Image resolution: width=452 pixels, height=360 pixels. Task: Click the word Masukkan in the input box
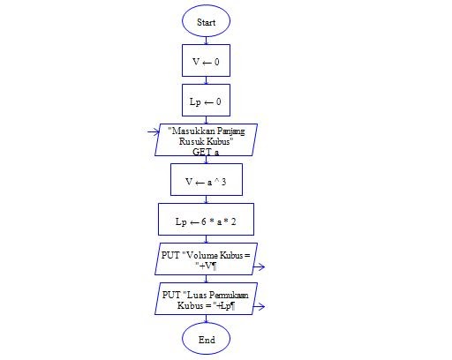(x=190, y=131)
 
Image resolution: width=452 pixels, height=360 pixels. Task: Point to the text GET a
(x=206, y=152)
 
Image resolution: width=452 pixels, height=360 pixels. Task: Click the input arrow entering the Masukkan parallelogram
(x=154, y=132)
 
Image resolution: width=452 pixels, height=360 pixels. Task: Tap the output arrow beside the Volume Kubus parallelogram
(x=259, y=267)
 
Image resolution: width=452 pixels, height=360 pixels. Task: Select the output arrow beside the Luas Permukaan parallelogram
(x=259, y=307)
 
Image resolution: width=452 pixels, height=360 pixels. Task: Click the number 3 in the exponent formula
(x=224, y=182)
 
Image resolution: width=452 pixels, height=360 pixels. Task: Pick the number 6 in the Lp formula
(x=204, y=221)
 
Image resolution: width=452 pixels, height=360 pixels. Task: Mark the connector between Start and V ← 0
(x=206, y=41)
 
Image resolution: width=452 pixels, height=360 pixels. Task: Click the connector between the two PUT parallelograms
(x=206, y=279)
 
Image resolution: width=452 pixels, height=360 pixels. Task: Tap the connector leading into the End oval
(x=206, y=319)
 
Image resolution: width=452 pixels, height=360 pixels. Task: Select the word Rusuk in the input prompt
(x=189, y=141)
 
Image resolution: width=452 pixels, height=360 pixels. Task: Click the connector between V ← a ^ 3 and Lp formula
(x=206, y=199)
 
